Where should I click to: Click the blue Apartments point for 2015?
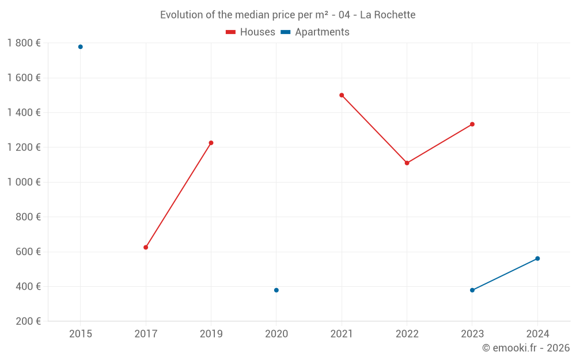pos(81,47)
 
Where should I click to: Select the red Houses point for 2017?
pos(146,247)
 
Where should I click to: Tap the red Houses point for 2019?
pos(211,143)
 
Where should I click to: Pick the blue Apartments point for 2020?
pos(276,290)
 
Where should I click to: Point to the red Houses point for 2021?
pos(342,95)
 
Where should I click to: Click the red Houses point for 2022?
pos(407,163)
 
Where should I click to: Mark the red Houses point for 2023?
pos(472,124)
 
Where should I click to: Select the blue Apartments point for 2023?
pos(472,290)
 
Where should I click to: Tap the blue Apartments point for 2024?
pos(537,259)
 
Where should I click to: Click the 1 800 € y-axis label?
pos(24,43)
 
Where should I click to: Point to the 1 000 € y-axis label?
pos(24,182)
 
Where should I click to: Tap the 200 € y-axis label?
pos(27,321)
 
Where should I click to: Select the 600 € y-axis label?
pos(27,252)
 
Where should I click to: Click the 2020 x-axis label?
pos(276,334)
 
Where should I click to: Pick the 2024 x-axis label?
pos(537,334)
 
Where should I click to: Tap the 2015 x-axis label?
pos(81,334)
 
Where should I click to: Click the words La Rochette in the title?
pos(387,15)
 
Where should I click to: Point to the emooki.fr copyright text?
pos(526,348)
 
